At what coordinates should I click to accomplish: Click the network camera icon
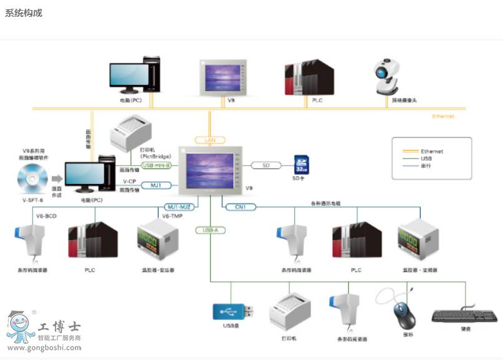point(391,76)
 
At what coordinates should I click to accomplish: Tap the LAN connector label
point(210,140)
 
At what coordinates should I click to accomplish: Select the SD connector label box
point(266,165)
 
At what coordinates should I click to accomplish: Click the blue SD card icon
point(301,165)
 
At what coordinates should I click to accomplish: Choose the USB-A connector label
point(210,230)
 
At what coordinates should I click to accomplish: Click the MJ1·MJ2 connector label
point(180,207)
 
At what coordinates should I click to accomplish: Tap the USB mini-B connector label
point(156,165)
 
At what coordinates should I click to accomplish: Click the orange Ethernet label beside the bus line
point(443,116)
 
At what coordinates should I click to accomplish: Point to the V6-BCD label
point(46,216)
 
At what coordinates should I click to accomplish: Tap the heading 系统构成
point(24,13)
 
